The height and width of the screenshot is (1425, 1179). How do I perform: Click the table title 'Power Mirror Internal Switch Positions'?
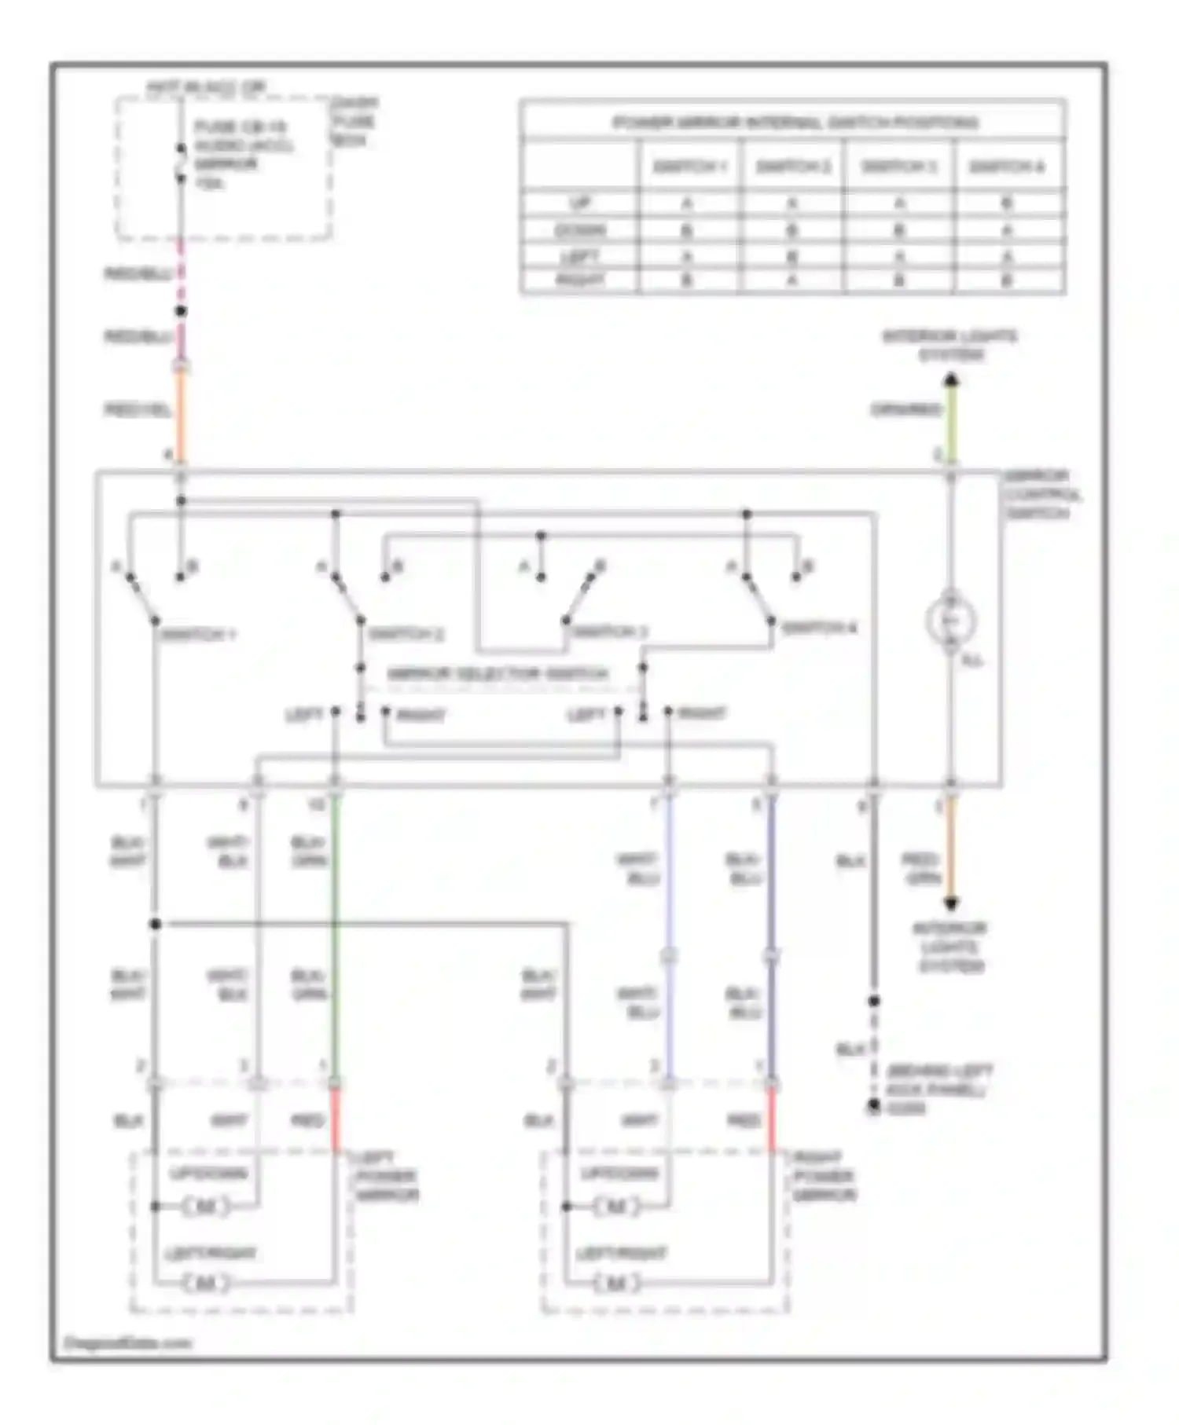point(794,122)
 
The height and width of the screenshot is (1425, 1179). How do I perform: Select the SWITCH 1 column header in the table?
point(689,167)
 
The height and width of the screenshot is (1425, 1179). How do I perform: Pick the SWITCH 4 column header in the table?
point(1007,167)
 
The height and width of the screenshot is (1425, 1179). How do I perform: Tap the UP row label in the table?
point(580,203)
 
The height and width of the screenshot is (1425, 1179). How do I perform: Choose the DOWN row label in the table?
point(580,230)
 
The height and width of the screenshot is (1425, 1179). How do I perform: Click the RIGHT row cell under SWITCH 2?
point(792,280)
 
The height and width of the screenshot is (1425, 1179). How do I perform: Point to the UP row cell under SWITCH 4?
point(1007,203)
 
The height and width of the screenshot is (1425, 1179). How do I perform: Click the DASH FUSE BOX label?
point(354,122)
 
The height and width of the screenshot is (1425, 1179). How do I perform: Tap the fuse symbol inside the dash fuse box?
point(181,163)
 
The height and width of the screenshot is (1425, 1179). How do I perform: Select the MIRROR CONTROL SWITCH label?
point(1042,495)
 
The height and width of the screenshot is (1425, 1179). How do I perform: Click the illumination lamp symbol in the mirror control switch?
point(950,621)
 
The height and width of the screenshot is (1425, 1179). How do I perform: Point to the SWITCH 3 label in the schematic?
point(608,632)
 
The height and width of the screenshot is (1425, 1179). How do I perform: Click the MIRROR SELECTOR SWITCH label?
point(498,674)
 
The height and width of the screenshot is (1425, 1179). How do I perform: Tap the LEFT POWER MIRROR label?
point(386,1176)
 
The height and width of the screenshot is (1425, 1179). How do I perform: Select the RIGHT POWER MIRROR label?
point(824,1176)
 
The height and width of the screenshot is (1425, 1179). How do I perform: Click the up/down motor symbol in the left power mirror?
point(206,1206)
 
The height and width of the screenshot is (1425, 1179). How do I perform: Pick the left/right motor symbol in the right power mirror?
point(617,1283)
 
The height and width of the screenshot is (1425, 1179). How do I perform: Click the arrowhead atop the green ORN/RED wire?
point(951,381)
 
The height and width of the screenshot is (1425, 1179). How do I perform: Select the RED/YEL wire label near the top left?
point(138,409)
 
